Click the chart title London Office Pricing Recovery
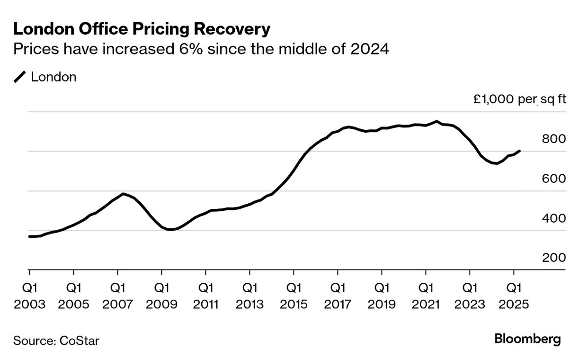click(142, 29)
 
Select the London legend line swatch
click(20, 77)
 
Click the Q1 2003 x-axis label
click(29, 296)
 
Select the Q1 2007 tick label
click(117, 296)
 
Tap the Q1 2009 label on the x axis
click(161, 296)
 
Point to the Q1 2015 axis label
click(294, 296)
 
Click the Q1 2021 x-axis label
click(426, 296)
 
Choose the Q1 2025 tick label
click(514, 296)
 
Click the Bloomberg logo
click(527, 339)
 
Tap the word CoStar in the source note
click(80, 341)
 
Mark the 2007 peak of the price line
click(123, 194)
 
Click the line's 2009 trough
click(170, 230)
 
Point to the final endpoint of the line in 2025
click(520, 151)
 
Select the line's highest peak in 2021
click(436, 121)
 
